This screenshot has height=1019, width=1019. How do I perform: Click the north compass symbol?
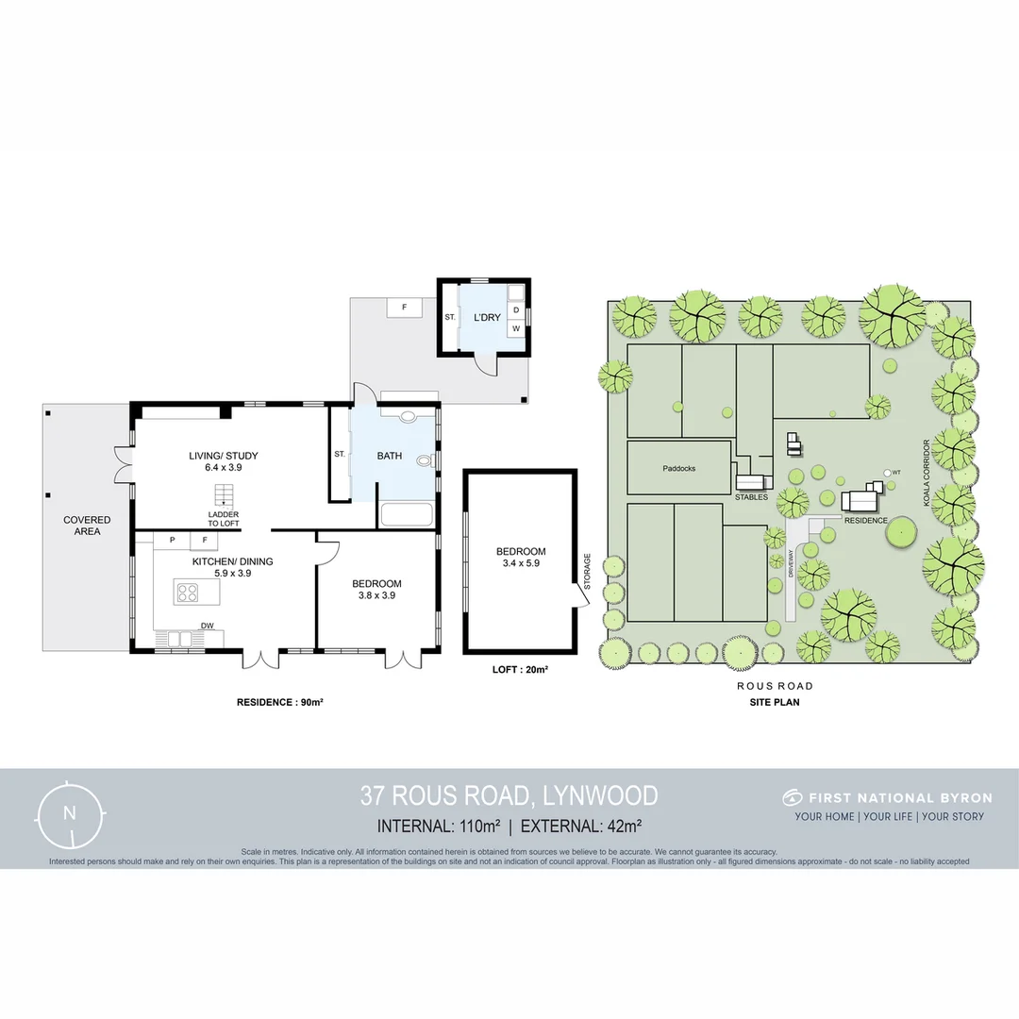tap(69, 812)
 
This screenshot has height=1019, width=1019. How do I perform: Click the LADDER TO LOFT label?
tap(224, 518)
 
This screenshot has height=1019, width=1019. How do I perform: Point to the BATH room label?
tap(390, 456)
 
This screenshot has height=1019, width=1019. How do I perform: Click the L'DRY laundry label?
tap(487, 318)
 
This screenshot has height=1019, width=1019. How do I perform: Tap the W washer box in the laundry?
tap(516, 328)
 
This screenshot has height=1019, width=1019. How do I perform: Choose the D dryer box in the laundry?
tap(516, 309)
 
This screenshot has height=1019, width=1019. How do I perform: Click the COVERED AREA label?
tap(87, 526)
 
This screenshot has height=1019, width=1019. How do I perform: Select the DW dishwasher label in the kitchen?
tap(207, 625)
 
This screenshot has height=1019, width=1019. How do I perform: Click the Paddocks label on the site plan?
tap(678, 467)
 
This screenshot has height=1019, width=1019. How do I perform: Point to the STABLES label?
tap(752, 496)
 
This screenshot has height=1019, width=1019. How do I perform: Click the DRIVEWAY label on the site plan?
tap(792, 563)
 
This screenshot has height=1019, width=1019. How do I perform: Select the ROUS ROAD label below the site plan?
tap(777, 686)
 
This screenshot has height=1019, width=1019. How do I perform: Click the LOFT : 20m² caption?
tap(520, 669)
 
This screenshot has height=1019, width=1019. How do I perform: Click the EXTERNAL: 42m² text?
tap(581, 826)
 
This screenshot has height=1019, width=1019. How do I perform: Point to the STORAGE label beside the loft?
tap(586, 574)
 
